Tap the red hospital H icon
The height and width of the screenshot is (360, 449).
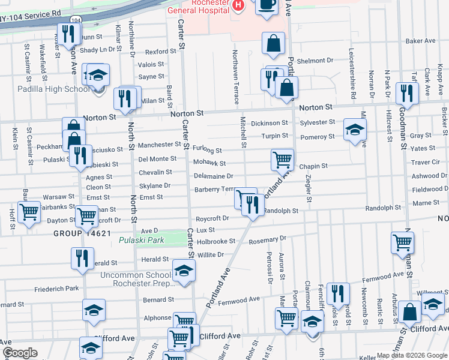click(239, 6)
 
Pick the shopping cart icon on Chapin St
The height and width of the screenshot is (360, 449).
click(282, 160)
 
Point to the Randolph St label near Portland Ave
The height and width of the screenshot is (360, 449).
click(281, 211)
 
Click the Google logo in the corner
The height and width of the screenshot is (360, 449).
click(20, 353)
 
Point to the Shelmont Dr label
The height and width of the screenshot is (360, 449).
click(315, 61)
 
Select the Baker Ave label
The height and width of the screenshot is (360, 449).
click(420, 41)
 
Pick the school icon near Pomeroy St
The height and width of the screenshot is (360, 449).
click(355, 130)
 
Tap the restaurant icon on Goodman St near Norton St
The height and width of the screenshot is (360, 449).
click(408, 93)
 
